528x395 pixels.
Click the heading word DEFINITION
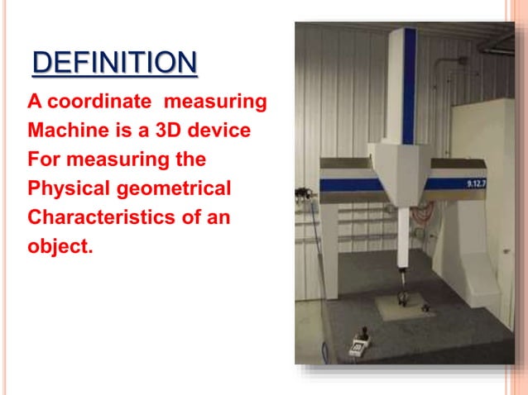pyautogui.click(x=115, y=64)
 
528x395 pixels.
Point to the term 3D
pyautogui.click(x=173, y=131)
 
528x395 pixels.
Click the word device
pyautogui.click(x=222, y=131)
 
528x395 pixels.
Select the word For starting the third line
pyautogui.click(x=45, y=160)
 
